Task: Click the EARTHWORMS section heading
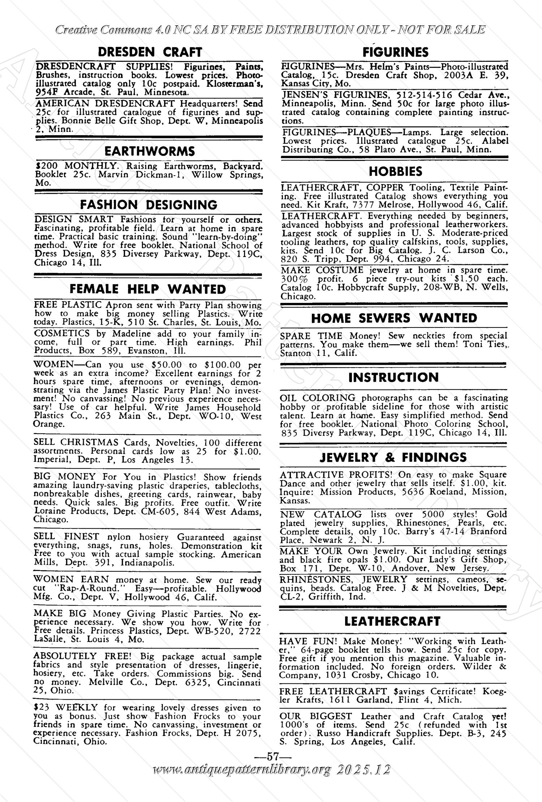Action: point(150,151)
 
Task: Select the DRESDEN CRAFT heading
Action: point(150,52)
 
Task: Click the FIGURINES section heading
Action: point(395,52)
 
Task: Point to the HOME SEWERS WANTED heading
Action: point(394,318)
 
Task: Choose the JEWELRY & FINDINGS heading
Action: point(393,457)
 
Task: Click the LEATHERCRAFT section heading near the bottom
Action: point(392,621)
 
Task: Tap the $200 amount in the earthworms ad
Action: point(44,166)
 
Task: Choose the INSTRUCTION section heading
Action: point(393,377)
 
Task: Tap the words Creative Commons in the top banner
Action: point(103,30)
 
